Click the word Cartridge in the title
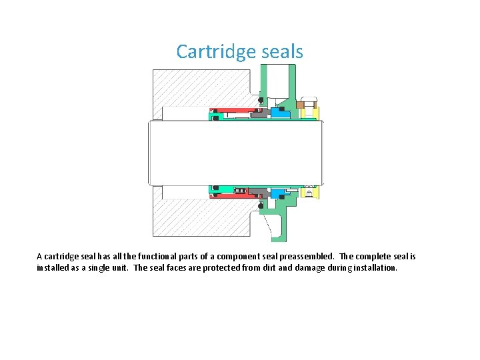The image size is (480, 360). [210, 52]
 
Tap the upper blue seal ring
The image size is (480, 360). [280, 114]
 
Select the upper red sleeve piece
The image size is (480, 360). [230, 111]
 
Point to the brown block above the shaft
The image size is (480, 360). [300, 104]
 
